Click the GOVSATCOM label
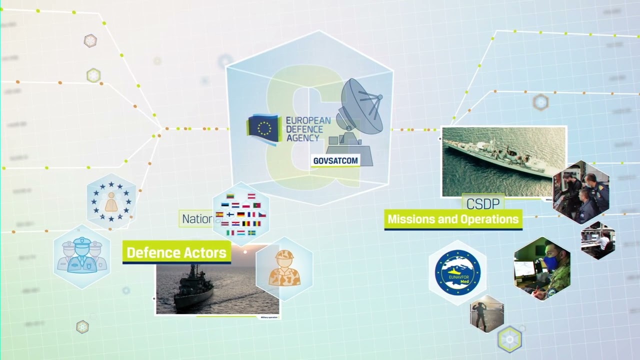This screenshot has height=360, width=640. click(335, 161)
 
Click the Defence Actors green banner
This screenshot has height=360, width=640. click(176, 252)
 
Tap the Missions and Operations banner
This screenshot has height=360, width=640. click(453, 219)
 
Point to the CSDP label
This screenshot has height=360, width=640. click(482, 203)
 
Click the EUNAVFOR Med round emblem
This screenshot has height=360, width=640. click(457, 272)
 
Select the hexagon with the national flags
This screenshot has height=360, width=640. click(241, 214)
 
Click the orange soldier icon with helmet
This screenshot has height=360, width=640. click(284, 269)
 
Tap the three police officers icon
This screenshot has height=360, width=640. click(81, 256)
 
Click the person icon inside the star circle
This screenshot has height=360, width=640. click(111, 201)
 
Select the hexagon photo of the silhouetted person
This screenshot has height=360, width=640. click(486, 314)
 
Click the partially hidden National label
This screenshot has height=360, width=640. click(196, 219)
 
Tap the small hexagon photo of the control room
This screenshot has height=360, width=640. click(598, 240)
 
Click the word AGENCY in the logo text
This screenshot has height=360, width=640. click(302, 137)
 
